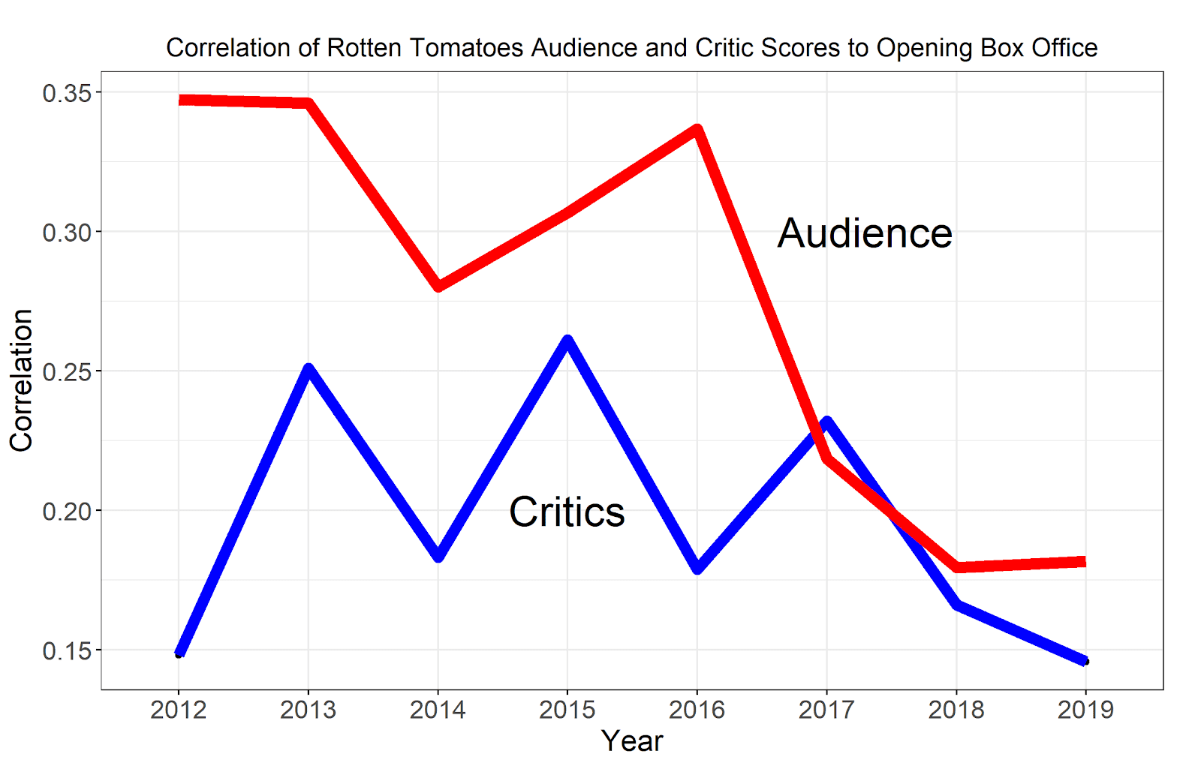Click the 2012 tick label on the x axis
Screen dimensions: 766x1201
pyautogui.click(x=178, y=710)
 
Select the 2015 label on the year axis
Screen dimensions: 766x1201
pyautogui.click(x=567, y=710)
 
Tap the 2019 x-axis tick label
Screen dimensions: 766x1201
pyautogui.click(x=1085, y=710)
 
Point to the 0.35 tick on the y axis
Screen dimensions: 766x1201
pyautogui.click(x=67, y=93)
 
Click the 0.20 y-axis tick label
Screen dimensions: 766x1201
pyautogui.click(x=67, y=512)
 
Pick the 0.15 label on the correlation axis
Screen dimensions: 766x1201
pyautogui.click(x=67, y=651)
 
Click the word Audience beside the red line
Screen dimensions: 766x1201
pyautogui.click(x=865, y=233)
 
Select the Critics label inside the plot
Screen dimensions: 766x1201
pyautogui.click(x=567, y=512)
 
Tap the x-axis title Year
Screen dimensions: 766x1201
pyautogui.click(x=632, y=741)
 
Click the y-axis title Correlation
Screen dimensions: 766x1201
pyautogui.click(x=22, y=380)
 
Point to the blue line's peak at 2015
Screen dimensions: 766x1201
pyautogui.click(x=567, y=341)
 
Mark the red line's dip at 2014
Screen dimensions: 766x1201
pyautogui.click(x=438, y=286)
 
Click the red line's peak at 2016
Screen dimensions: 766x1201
pyautogui.click(x=697, y=130)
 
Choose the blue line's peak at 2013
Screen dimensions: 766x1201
pyautogui.click(x=309, y=368)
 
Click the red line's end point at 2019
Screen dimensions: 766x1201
pyautogui.click(x=1084, y=562)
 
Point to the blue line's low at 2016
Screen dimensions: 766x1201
pyautogui.click(x=697, y=568)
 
